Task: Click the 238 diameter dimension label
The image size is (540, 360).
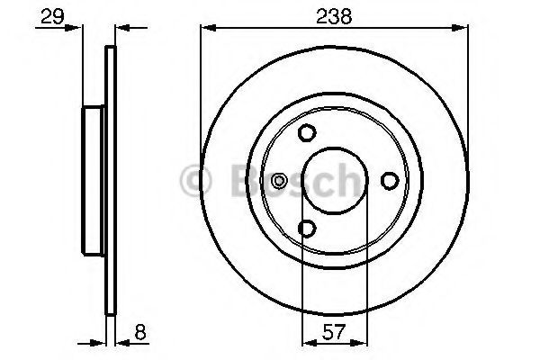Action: pos(332,16)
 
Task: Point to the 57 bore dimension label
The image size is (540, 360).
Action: pos(334,332)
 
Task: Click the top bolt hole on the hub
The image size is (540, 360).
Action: pos(308,133)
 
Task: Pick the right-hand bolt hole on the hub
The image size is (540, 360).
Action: pos(390,181)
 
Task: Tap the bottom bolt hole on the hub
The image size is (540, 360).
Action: pos(308,229)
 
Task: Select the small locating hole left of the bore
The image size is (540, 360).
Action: pos(280,181)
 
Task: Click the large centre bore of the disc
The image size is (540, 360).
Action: pos(334,181)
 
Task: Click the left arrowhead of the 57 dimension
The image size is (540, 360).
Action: pos(306,343)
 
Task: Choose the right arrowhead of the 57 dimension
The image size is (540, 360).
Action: pos(361,343)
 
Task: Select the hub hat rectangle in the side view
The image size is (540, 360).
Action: pos(94,181)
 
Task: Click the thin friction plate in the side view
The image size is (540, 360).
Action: pos(112,181)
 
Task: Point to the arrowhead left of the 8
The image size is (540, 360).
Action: pos(101,343)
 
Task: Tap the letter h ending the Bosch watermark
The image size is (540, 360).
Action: pos(347,180)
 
